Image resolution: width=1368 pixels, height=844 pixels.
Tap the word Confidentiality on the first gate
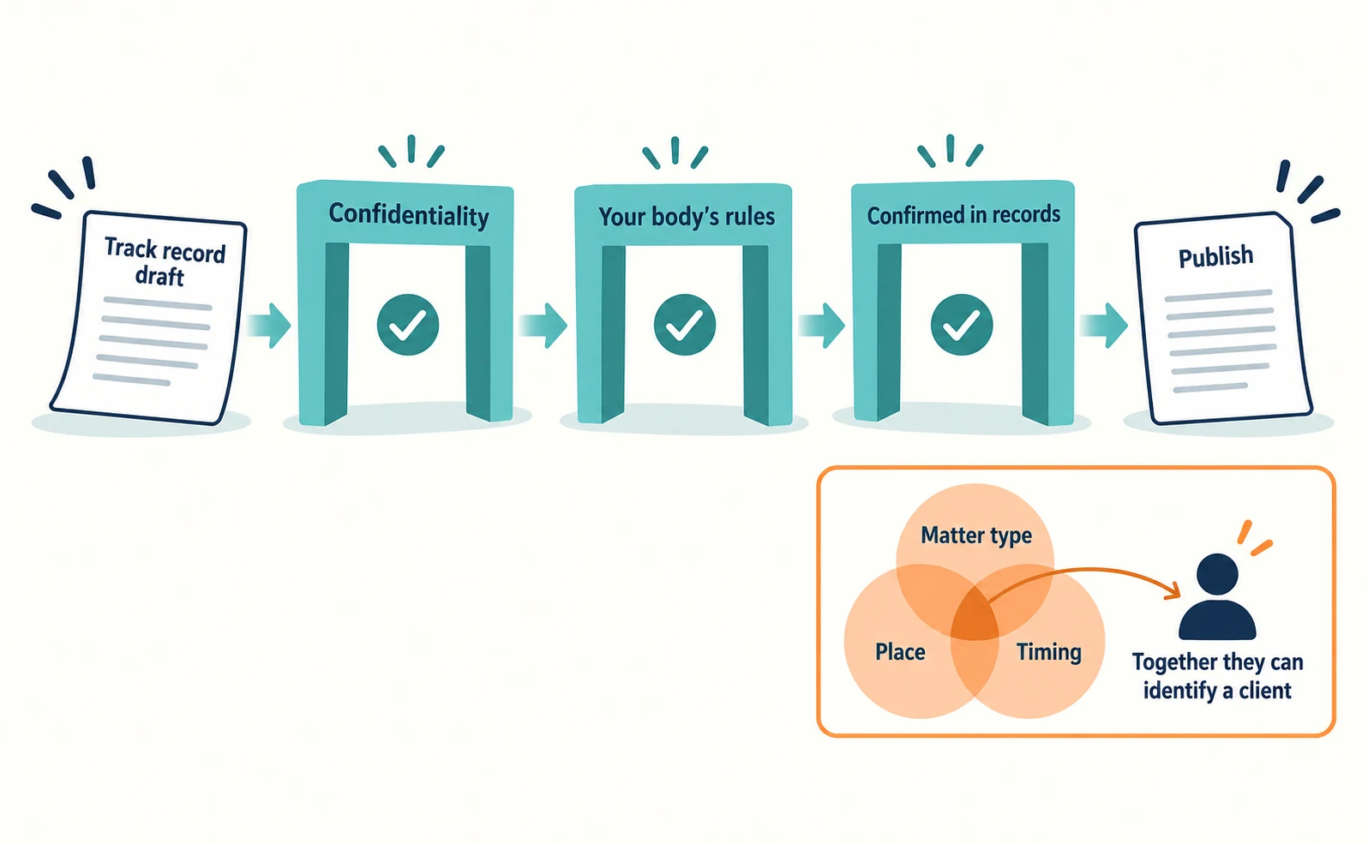[x=409, y=215]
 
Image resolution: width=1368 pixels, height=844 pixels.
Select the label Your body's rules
[x=687, y=216]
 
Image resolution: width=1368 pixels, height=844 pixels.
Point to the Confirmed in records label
[x=963, y=215]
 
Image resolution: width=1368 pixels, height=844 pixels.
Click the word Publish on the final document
[x=1215, y=256]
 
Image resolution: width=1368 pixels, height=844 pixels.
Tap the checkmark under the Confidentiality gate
[x=408, y=325]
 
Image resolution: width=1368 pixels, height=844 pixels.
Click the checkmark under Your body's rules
[x=685, y=325]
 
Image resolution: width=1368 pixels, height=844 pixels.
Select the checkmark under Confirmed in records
[x=961, y=325]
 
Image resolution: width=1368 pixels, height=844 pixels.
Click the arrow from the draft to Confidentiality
[x=269, y=326]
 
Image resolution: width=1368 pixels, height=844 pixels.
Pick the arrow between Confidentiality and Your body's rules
[x=543, y=326]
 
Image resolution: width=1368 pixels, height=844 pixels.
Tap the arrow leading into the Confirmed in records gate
[x=822, y=326]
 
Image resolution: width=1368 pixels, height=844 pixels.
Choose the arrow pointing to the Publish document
[x=1103, y=326]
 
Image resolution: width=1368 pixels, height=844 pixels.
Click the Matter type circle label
[x=976, y=535]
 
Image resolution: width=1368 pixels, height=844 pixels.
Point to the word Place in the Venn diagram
[x=900, y=651]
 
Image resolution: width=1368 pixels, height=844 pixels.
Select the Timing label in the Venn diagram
[x=1048, y=652]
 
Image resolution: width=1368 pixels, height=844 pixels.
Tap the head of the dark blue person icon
[x=1217, y=574]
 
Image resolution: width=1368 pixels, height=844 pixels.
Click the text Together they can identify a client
[x=1217, y=676]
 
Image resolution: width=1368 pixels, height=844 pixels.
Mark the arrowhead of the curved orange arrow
[x=1173, y=590]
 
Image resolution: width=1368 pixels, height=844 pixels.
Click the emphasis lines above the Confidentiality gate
[x=411, y=151]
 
